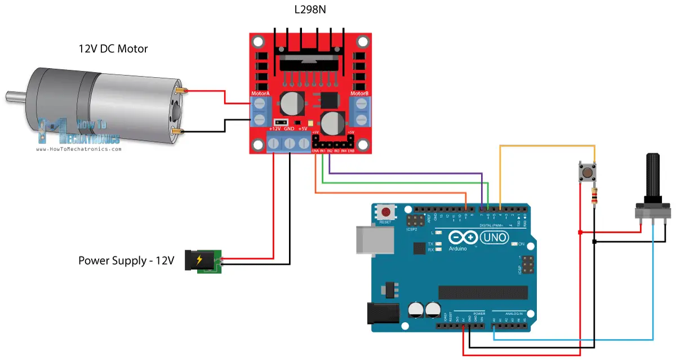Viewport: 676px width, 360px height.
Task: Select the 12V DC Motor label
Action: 113,49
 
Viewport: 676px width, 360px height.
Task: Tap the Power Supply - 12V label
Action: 126,261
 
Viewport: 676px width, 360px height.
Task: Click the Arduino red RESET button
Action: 386,212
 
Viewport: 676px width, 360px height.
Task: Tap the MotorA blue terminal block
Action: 260,112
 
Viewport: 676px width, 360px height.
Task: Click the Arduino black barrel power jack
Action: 382,313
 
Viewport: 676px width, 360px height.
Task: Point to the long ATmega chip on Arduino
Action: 483,292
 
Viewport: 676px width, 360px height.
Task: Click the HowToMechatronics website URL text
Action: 78,149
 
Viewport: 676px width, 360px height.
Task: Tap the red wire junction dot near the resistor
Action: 580,232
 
